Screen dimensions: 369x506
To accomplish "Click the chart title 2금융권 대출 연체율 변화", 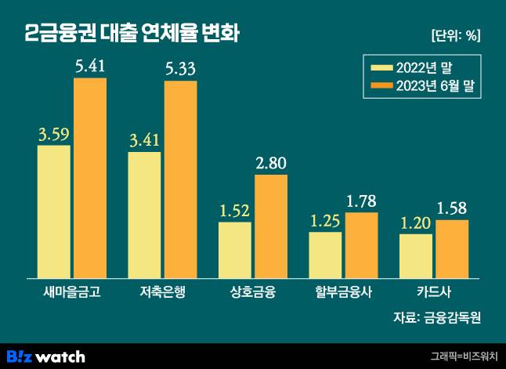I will click(x=132, y=34).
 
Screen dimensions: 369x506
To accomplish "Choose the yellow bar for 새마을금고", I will click(x=53, y=212).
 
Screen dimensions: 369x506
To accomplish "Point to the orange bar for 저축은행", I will click(x=180, y=179).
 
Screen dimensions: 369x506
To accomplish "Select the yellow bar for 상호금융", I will click(x=235, y=250).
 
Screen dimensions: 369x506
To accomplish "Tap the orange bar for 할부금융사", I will click(x=361, y=245).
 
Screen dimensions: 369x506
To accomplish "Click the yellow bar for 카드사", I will click(x=416, y=255).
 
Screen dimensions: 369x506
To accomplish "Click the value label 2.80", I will click(x=271, y=164).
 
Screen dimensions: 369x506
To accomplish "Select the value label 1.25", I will click(x=325, y=221).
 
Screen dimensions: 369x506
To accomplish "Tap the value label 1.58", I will click(x=452, y=209).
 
